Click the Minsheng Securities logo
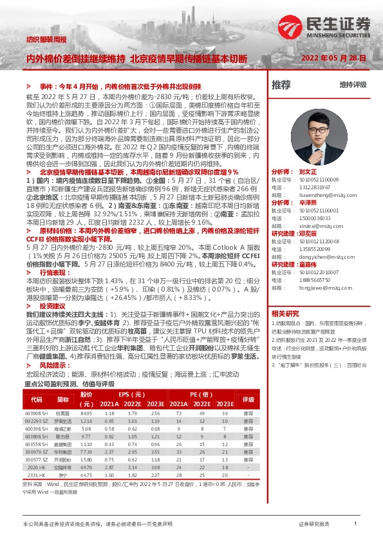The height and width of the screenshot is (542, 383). [325, 27]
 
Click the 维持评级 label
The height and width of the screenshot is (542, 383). [353, 84]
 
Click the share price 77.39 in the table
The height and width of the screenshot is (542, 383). [86, 452]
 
